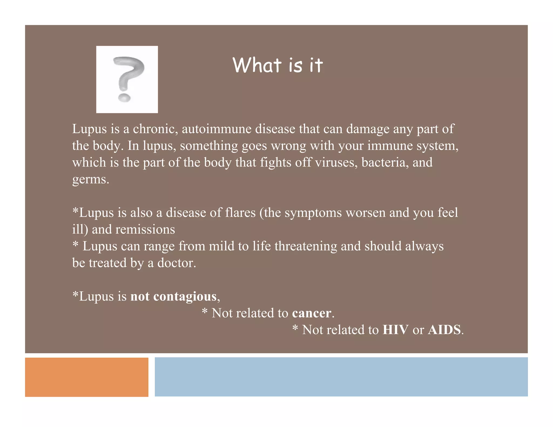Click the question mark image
127,79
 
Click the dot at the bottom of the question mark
124,98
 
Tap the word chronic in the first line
155,129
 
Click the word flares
240,213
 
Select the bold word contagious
185,297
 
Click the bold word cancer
311,313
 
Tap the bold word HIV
395,330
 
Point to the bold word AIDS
444,330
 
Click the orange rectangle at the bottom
87,377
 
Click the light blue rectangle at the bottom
341,377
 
